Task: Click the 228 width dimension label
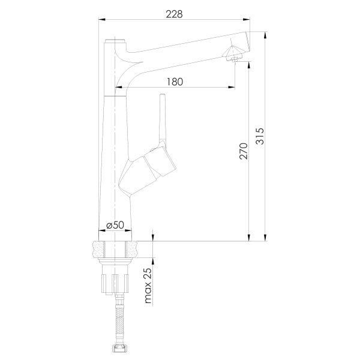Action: [x=174, y=14]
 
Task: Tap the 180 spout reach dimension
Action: [x=175, y=82]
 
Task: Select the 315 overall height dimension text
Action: [x=260, y=136]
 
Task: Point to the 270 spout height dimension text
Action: [x=244, y=151]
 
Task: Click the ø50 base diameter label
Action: [x=115, y=225]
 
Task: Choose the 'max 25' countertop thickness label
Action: [x=148, y=286]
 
